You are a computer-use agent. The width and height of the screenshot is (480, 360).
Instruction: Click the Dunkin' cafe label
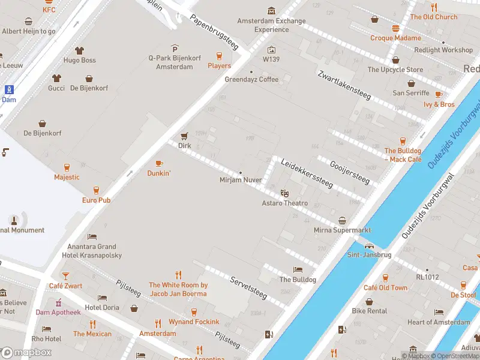pyautogui.click(x=159, y=173)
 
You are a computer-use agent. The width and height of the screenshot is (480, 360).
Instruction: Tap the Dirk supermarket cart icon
pyautogui.click(x=184, y=136)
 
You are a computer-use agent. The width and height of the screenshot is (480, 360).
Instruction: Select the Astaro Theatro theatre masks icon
pyautogui.click(x=284, y=193)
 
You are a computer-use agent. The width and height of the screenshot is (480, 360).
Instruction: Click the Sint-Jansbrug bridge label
pyautogui.click(x=369, y=254)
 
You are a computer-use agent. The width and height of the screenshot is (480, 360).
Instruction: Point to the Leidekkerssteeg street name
pyautogui.click(x=307, y=173)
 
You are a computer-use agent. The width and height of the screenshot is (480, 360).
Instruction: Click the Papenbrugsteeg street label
pyautogui.click(x=214, y=32)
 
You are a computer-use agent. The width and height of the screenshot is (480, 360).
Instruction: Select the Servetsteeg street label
pyautogui.click(x=248, y=287)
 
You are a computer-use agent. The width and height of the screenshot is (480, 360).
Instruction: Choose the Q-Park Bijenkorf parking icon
pyautogui.click(x=175, y=49)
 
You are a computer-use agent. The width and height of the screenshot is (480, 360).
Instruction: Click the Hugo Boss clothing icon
pyautogui.click(x=80, y=50)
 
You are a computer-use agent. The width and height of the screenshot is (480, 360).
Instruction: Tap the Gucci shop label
pyautogui.click(x=56, y=88)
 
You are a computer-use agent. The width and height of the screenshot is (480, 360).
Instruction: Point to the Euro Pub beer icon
pyautogui.click(x=96, y=190)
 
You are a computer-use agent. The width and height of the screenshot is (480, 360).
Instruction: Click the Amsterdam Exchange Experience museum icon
pyautogui.click(x=272, y=11)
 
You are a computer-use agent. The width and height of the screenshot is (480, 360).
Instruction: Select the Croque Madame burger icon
pyautogui.click(x=395, y=28)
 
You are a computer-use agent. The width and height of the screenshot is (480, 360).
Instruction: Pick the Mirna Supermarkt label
pyautogui.click(x=342, y=230)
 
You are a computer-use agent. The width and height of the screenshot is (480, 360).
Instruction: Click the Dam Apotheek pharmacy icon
pyautogui.click(x=58, y=302)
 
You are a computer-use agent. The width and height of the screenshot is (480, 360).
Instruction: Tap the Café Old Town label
pyautogui.click(x=385, y=287)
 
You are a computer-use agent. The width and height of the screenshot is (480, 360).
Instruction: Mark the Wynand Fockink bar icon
pyautogui.click(x=194, y=312)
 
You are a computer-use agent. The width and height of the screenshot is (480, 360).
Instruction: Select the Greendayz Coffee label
pyautogui.click(x=251, y=79)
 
